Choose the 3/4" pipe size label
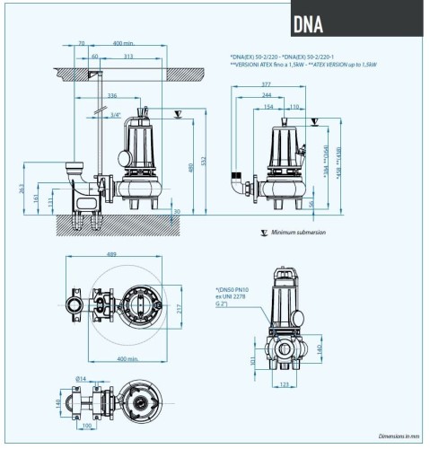pyautogui.click(x=116, y=115)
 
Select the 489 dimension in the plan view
pyautogui.click(x=111, y=256)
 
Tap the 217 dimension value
pyautogui.click(x=179, y=311)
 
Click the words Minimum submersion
pyautogui.click(x=299, y=232)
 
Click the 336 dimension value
pyautogui.click(x=111, y=94)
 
